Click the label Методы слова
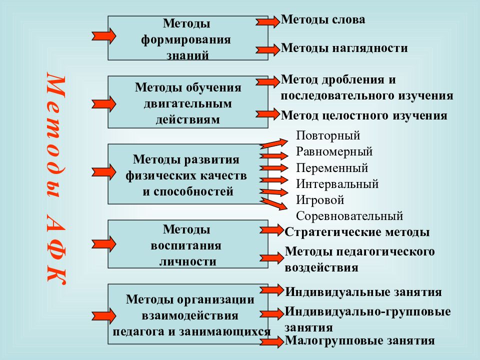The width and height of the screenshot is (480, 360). point(323,19)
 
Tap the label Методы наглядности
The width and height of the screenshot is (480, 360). point(344,48)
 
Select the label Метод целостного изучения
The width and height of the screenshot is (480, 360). point(364,115)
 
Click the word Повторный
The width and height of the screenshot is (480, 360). point(328,135)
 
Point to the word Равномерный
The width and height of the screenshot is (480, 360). point(334,152)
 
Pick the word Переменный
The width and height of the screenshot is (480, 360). point(332,168)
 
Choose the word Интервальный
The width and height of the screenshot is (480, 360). point(337,184)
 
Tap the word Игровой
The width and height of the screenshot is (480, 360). point(320,200)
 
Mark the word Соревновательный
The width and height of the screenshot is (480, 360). point(349,216)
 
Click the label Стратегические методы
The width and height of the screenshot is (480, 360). point(357,232)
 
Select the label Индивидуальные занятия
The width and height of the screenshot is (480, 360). point(363,291)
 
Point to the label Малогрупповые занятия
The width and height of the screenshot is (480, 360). point(359,340)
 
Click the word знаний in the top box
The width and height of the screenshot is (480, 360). point(187,55)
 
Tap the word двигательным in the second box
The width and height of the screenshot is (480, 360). point(188,104)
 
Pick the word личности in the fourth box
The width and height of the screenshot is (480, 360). point(188,261)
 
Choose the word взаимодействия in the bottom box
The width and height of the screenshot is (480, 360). point(190,315)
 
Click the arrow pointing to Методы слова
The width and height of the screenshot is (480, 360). point(268,21)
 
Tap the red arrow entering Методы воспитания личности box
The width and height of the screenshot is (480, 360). point(104,244)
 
